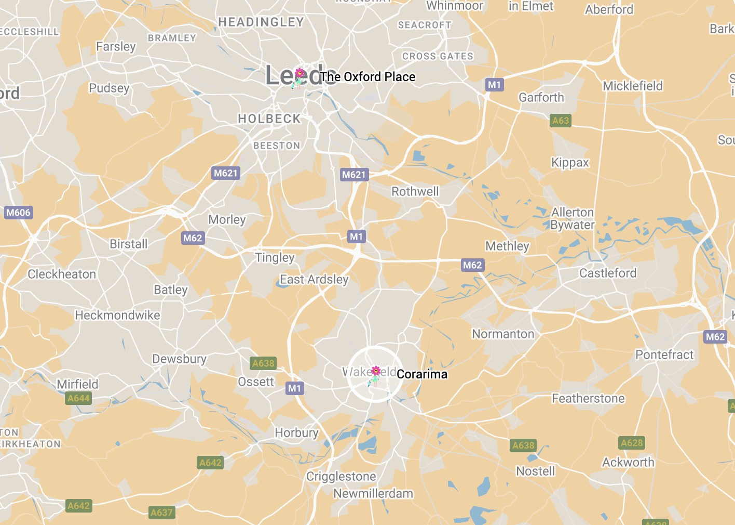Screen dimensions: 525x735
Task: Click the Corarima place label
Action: point(421,374)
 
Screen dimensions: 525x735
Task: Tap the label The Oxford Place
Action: point(367,77)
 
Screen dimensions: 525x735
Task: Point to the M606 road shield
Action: point(19,212)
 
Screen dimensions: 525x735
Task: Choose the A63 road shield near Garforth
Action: point(561,121)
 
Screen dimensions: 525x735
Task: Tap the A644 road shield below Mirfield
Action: point(79,398)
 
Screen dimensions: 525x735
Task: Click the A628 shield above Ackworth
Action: point(632,443)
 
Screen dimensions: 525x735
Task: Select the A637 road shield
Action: point(161,513)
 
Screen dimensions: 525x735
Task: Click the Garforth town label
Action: point(541,97)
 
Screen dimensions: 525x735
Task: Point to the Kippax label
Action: point(570,163)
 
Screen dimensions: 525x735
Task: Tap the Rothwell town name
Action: point(415,191)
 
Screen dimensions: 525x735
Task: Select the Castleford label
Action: point(608,273)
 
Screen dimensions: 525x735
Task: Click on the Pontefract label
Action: point(664,355)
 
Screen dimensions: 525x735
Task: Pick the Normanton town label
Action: point(503,334)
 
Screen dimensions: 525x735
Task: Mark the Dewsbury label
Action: point(179,359)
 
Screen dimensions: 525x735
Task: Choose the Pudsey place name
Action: point(109,88)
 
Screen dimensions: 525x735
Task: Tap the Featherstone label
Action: point(588,398)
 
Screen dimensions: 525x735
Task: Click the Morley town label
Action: point(227,219)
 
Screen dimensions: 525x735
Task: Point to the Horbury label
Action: point(296,432)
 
